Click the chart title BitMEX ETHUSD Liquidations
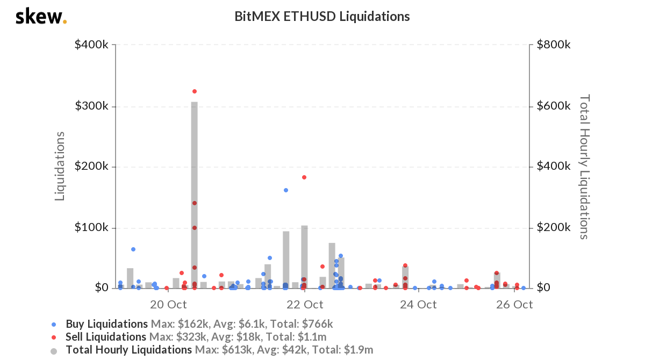tap(322, 17)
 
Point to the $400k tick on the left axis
tap(92, 45)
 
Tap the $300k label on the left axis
tap(92, 106)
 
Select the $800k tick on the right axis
tap(553, 45)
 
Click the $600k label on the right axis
tap(553, 106)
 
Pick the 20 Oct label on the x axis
tap(168, 305)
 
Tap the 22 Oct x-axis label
tap(305, 305)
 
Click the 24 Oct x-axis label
tap(418, 305)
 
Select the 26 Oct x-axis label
tap(514, 305)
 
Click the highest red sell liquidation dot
tap(195, 91)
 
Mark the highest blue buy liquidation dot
tap(286, 190)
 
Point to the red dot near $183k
tap(304, 177)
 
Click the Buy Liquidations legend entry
tap(106, 324)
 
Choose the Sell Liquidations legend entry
tap(106, 337)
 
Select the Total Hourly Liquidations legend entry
tap(128, 350)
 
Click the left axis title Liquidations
tap(60, 166)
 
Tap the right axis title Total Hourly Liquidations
tap(584, 167)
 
